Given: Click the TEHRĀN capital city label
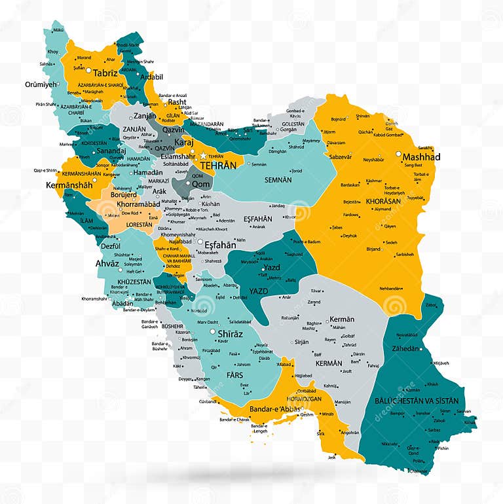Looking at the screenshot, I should pos(218,166).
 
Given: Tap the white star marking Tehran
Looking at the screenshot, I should pos(204,156).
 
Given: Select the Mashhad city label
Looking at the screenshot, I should pos(421,157).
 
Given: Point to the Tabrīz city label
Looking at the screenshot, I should pos(105,73).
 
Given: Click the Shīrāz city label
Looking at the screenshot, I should pos(230,334).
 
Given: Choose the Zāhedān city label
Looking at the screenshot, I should pos(405,349).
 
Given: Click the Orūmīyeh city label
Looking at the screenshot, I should pos(41,84).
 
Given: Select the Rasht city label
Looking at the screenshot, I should pos(177,102).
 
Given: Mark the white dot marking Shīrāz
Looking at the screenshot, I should pos(214,332).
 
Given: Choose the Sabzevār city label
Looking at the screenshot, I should pos(341,157).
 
